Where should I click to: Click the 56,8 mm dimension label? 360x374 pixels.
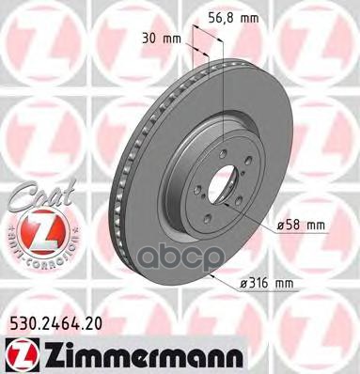pyautogui.click(x=234, y=19)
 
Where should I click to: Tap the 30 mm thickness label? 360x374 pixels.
pyautogui.click(x=162, y=39)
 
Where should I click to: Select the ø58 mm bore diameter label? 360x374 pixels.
pyautogui.click(x=301, y=225)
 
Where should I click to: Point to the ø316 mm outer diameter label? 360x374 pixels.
pyautogui.click(x=267, y=284)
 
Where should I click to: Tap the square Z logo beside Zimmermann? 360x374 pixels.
pyautogui.click(x=23, y=356)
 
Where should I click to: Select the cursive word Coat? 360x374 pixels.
pyautogui.click(x=41, y=195)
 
